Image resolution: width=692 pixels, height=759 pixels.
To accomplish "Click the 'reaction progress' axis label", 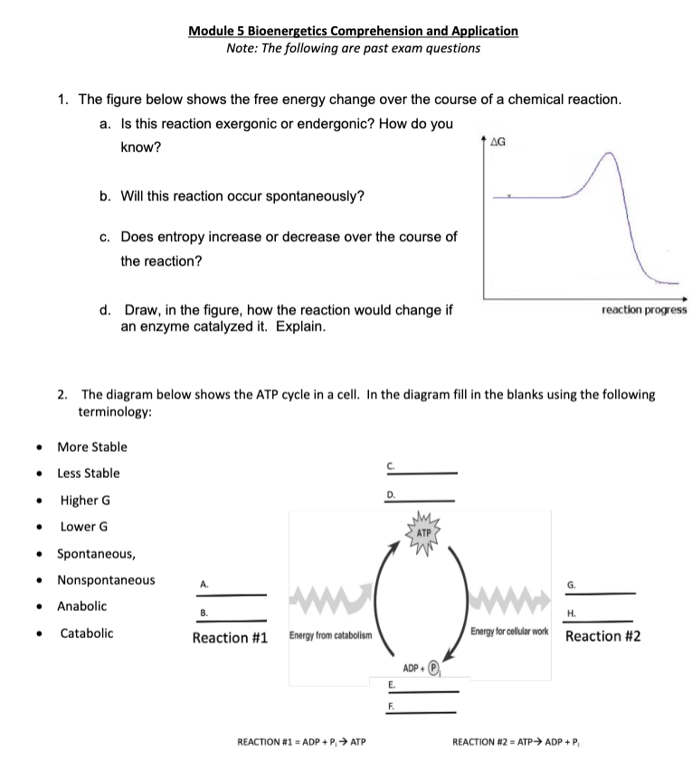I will [x=643, y=309].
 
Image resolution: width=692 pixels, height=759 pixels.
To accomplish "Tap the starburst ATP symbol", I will [x=423, y=533].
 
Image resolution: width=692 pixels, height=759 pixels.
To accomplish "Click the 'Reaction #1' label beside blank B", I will [x=230, y=638].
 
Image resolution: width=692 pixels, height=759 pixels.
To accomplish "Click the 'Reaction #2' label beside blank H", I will [x=603, y=636].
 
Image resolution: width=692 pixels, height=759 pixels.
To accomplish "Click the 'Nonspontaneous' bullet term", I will [x=106, y=580].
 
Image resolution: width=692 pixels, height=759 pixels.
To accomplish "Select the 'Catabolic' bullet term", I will [x=87, y=632].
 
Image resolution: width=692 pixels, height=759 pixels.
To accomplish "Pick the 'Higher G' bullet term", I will [x=86, y=501].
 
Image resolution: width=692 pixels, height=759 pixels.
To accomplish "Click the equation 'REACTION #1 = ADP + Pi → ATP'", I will [x=300, y=743].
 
